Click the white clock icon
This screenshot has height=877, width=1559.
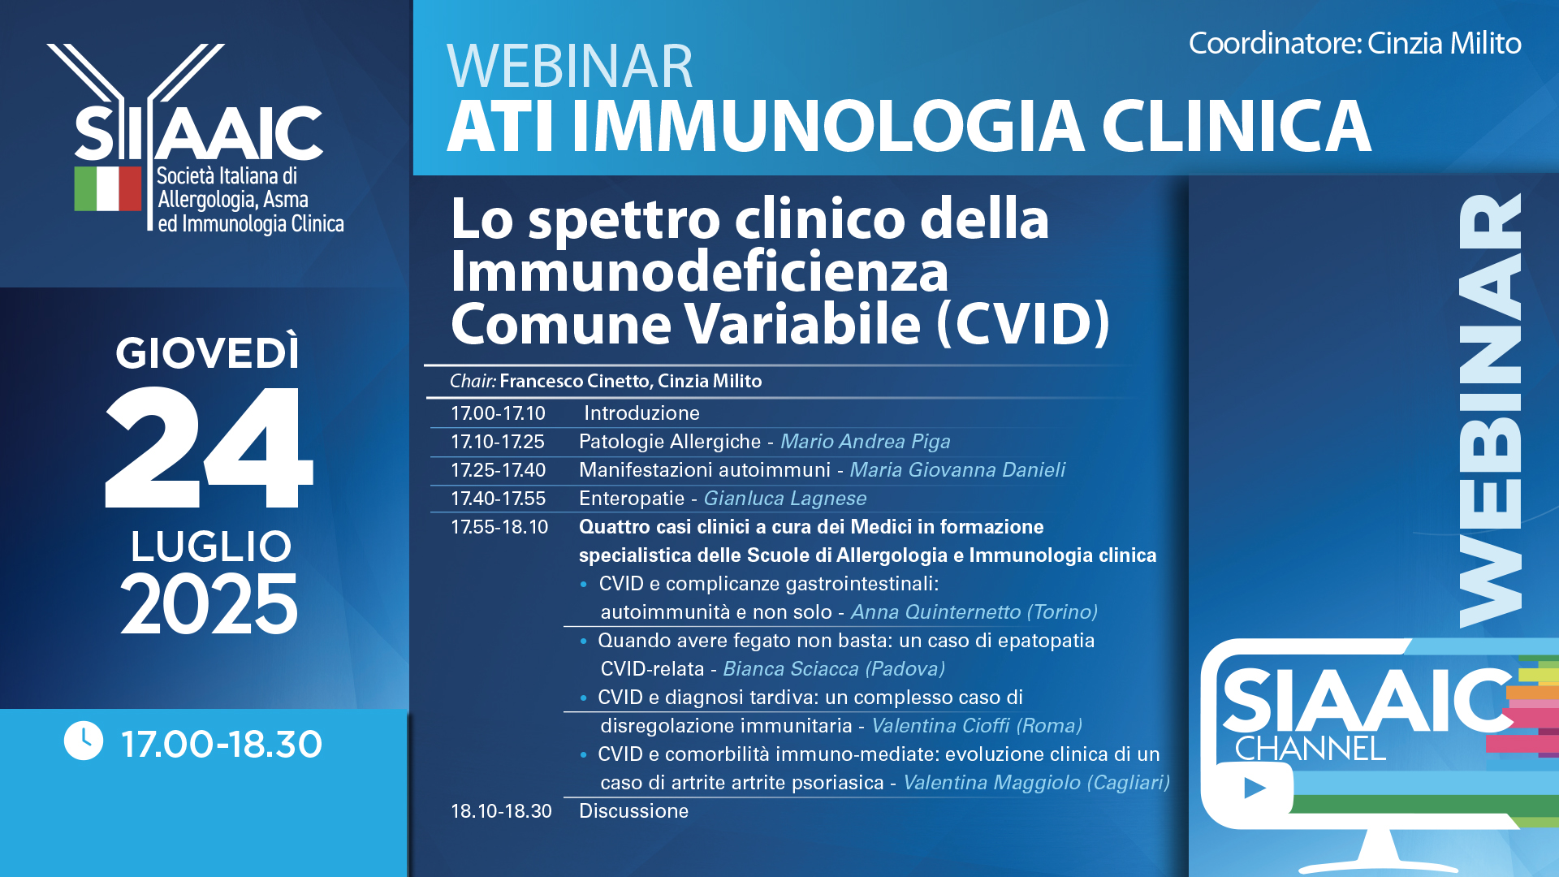(84, 741)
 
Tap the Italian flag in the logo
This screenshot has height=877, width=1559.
(108, 189)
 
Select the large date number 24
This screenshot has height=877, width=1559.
(209, 447)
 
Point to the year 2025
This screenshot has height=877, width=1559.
(209, 604)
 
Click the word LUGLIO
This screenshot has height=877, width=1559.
(211, 547)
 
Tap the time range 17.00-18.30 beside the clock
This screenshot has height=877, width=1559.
(222, 744)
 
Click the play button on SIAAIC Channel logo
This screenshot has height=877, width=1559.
(1255, 788)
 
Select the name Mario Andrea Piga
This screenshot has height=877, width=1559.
(865, 442)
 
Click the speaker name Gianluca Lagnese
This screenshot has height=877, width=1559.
(784, 499)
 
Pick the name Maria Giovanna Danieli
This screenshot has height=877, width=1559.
(957, 470)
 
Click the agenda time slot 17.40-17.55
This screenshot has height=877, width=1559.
(498, 499)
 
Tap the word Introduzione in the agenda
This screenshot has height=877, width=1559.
(641, 413)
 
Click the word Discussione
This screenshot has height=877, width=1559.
(633, 811)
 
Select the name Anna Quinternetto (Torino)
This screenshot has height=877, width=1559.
(974, 612)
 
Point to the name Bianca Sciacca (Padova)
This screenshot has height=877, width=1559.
(834, 669)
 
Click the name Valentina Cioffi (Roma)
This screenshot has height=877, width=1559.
(977, 726)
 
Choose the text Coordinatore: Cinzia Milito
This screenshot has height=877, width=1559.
(1355, 43)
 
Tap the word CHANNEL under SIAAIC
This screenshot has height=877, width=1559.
(1310, 749)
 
